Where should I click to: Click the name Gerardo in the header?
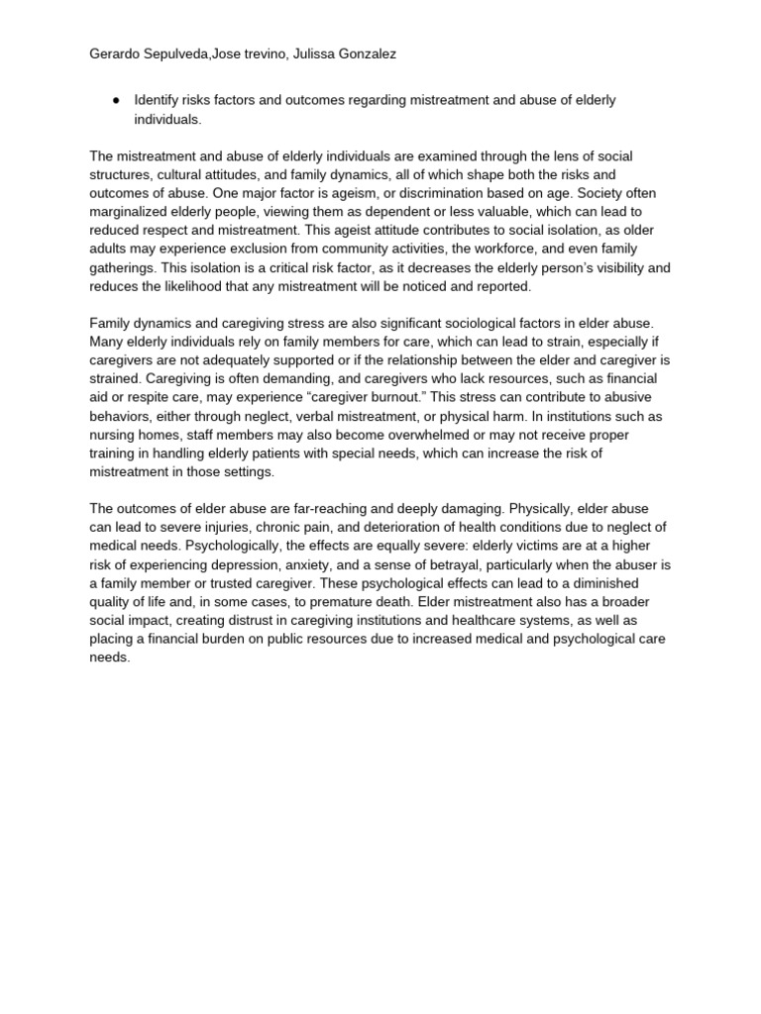115,54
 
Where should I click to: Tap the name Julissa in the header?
311,54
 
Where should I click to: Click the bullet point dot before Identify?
117,101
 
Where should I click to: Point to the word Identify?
160,101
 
